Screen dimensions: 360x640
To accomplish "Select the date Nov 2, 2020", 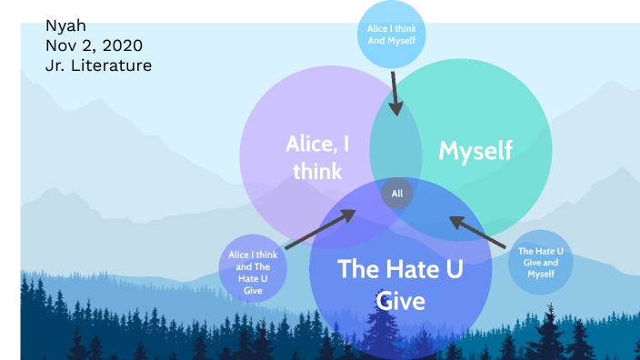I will [x=94, y=45].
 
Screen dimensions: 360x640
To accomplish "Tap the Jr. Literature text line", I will [x=98, y=65].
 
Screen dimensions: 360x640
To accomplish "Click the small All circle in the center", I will [x=397, y=193].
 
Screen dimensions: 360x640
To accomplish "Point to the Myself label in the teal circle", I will [x=475, y=150].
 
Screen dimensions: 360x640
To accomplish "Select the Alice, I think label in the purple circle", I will [x=317, y=156].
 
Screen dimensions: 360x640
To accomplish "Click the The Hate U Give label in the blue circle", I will [x=400, y=284].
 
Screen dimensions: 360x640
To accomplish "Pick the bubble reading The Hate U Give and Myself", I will [x=540, y=262].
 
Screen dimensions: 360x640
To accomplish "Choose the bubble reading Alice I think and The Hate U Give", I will [x=254, y=272].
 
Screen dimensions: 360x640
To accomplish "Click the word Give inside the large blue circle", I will [x=400, y=300].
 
